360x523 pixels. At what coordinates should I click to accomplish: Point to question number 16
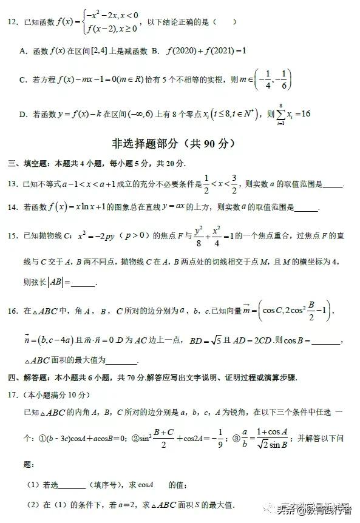(12, 311)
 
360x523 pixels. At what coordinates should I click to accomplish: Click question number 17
(12, 396)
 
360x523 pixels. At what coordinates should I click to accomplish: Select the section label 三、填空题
(29, 164)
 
